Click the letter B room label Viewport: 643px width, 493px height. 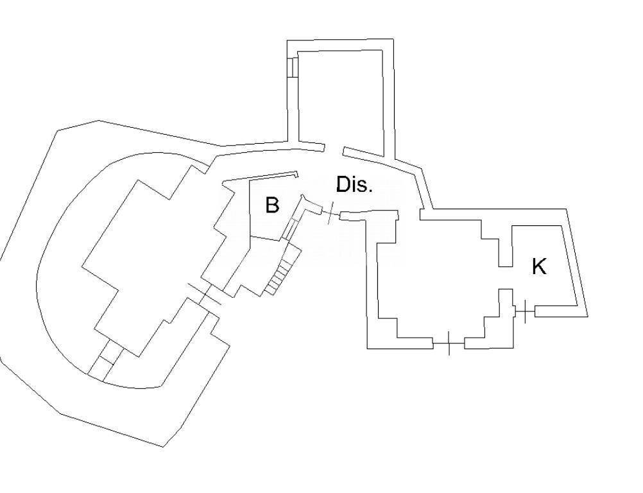[272, 205]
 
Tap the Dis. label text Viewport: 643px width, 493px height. [354, 185]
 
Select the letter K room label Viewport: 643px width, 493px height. [539, 266]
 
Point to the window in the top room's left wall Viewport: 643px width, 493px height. [292, 67]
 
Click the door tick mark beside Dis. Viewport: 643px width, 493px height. [330, 213]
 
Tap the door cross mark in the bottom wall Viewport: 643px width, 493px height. [449, 343]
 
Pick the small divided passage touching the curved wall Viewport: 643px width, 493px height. [105, 360]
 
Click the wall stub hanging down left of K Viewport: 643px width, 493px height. [505, 246]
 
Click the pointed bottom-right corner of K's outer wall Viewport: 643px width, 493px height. [588, 316]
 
